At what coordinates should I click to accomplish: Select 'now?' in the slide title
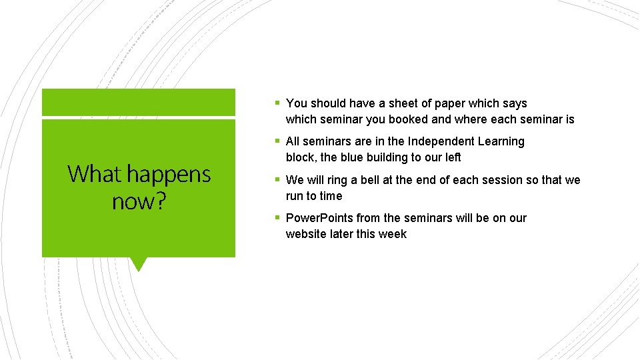[139, 201]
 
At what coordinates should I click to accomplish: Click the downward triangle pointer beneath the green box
[139, 264]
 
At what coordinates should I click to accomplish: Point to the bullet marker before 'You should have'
[277, 103]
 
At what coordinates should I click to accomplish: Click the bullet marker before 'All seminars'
[277, 141]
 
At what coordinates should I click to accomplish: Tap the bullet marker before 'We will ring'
[277, 180]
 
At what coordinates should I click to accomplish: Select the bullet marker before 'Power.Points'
[277, 218]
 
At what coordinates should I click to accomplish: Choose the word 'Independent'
[441, 141]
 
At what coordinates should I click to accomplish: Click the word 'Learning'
[501, 141]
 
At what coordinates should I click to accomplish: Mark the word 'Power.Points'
[319, 218]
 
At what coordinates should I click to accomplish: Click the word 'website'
[306, 234]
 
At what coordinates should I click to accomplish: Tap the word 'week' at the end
[393, 234]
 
